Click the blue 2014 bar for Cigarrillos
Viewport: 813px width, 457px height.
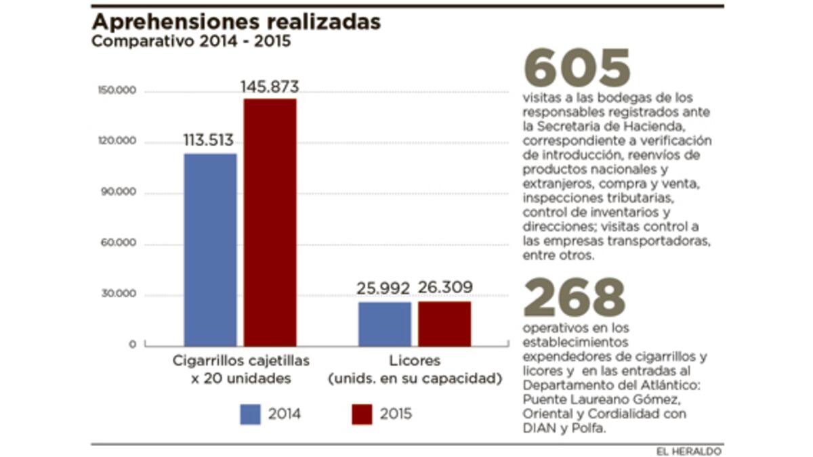[211, 250]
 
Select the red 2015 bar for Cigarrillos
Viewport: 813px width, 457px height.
[270, 223]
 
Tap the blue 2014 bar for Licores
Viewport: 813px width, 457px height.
[385, 324]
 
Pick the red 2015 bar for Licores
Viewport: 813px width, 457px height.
[444, 324]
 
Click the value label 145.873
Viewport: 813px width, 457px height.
[270, 87]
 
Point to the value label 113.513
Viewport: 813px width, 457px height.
[209, 141]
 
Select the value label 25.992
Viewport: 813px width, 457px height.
[383, 288]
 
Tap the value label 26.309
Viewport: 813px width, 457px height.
[445, 288]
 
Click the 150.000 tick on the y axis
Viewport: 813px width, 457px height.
[123, 91]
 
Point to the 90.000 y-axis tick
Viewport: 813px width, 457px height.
[123, 192]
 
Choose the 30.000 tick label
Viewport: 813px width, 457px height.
[123, 295]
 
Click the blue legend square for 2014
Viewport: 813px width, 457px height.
[250, 414]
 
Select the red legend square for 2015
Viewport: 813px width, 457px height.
[362, 414]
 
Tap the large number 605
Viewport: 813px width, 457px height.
[577, 68]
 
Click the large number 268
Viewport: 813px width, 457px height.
[575, 298]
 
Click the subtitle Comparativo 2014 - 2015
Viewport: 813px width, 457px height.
[192, 42]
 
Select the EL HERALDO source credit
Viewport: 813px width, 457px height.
[688, 451]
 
